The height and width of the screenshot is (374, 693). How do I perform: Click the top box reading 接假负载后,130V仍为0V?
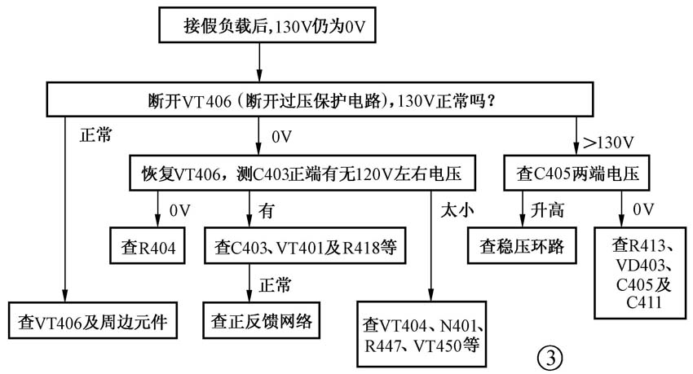click(259, 27)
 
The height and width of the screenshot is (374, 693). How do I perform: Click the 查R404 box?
click(152, 246)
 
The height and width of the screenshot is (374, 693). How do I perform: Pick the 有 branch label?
click(265, 211)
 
